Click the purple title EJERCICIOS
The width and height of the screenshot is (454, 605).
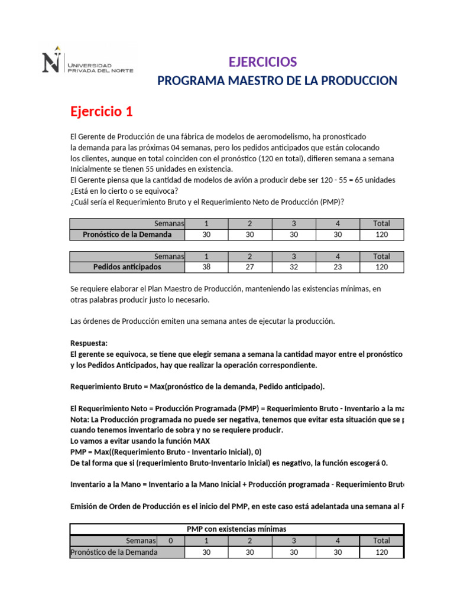point(262,62)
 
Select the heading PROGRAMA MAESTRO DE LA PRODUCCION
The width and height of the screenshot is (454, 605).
point(277,81)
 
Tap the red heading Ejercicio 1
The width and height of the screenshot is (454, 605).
point(102,111)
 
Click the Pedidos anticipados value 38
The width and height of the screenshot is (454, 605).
point(206,267)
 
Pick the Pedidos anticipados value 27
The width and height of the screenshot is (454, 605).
point(250,267)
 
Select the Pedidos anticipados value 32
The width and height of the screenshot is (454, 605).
point(294,267)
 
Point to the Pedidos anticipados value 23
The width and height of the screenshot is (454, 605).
point(338,267)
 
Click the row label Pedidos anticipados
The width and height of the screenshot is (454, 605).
point(127,267)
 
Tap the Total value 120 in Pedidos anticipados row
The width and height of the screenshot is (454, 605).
point(382,267)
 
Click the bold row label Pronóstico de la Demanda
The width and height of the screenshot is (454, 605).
point(127,235)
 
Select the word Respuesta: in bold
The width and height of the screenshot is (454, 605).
point(89,343)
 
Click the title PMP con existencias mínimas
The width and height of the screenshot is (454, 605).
point(236,529)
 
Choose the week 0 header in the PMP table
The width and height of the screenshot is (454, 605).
point(171,541)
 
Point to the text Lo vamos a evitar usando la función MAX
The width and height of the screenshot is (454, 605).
point(140,441)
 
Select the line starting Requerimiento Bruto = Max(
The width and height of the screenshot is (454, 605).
point(197,386)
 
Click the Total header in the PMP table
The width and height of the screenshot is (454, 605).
point(382,541)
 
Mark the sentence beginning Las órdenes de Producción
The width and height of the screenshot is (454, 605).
point(202,321)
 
